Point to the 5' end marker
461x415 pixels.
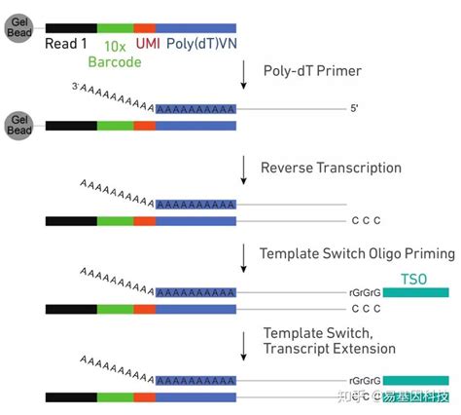tap(356, 109)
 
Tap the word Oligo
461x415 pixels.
tap(372, 253)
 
